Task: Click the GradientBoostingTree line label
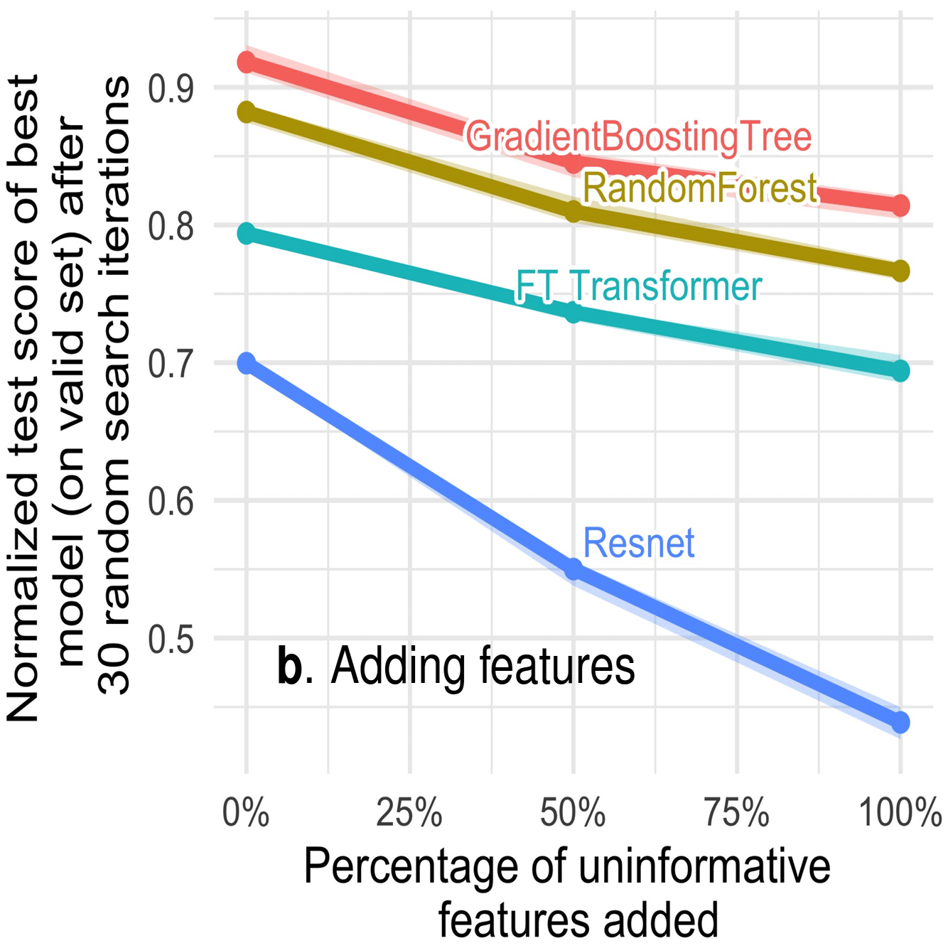pyautogui.click(x=638, y=136)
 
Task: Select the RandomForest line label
pyautogui.click(x=700, y=189)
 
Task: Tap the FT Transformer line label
pyautogui.click(x=638, y=286)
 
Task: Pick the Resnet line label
pyautogui.click(x=638, y=544)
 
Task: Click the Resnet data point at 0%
pyautogui.click(x=247, y=364)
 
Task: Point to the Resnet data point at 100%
pyautogui.click(x=900, y=723)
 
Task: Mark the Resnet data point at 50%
pyautogui.click(x=573, y=569)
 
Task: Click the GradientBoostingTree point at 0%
pyautogui.click(x=247, y=63)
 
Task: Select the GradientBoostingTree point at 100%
pyautogui.click(x=900, y=206)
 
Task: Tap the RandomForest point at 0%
pyautogui.click(x=247, y=112)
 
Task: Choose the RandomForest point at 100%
pyautogui.click(x=900, y=271)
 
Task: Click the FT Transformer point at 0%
pyautogui.click(x=247, y=233)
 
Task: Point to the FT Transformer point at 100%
pyautogui.click(x=900, y=370)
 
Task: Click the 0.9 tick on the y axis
pyautogui.click(x=171, y=89)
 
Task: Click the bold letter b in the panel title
pyautogui.click(x=289, y=667)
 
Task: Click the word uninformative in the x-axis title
pyautogui.click(x=703, y=866)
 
